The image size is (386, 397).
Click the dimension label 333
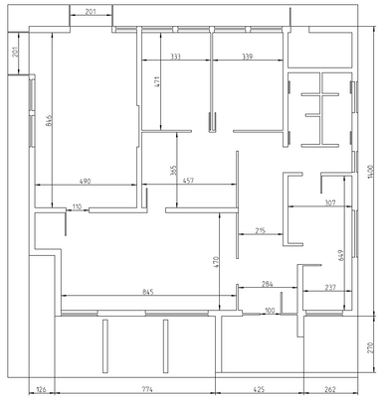click(x=175, y=58)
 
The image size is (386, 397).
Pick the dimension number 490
click(x=86, y=181)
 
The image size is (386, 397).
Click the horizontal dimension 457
click(x=189, y=181)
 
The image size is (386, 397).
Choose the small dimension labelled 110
click(x=77, y=206)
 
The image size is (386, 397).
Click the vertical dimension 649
click(x=341, y=257)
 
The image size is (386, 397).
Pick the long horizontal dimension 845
click(x=148, y=292)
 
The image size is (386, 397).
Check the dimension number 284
click(x=267, y=285)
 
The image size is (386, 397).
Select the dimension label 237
click(x=330, y=288)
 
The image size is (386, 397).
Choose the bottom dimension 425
click(x=258, y=390)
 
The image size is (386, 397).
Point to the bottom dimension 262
click(x=331, y=390)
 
